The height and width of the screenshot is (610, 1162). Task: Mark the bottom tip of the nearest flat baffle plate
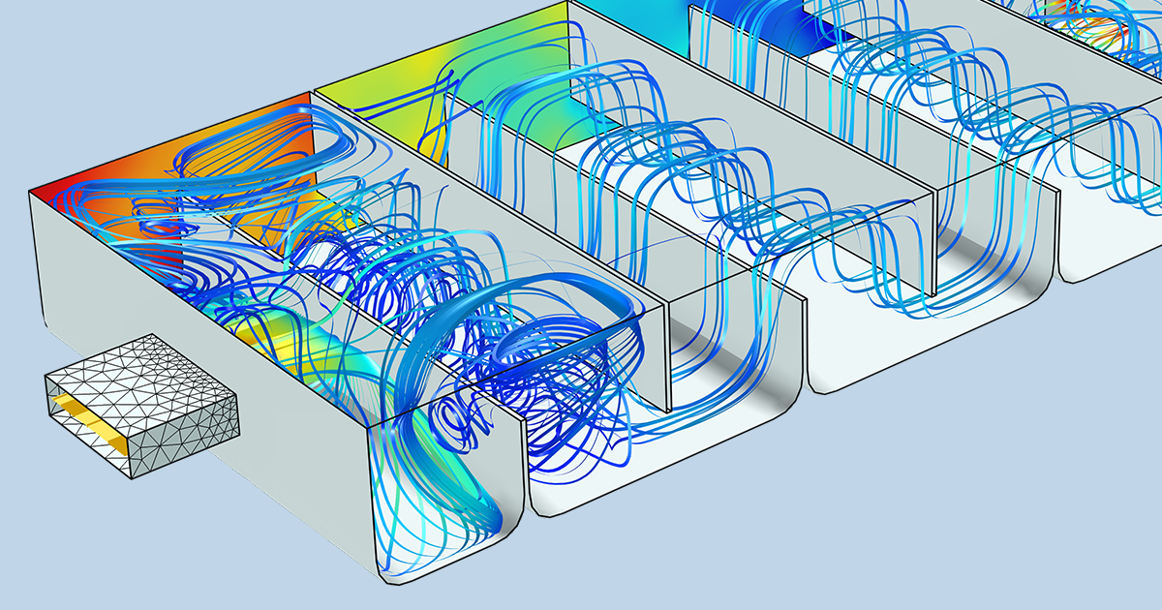tap(669, 411)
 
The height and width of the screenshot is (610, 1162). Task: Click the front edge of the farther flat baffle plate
tap(936, 242)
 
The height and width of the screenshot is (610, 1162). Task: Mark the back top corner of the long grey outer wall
tap(31, 191)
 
